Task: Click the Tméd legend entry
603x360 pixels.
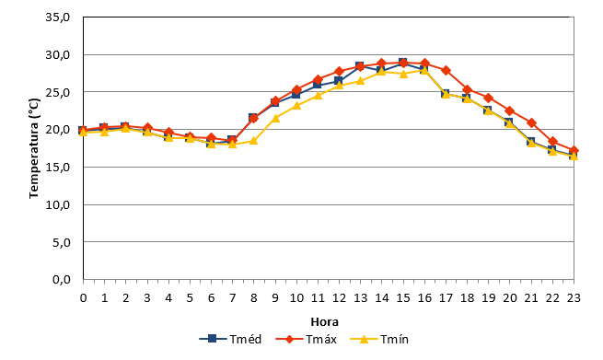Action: click(230, 339)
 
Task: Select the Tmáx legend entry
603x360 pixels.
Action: click(307, 339)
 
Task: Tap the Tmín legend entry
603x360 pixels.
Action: click(379, 339)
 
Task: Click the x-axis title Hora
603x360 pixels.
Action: click(325, 321)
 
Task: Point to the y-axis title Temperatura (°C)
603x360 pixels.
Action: click(34, 148)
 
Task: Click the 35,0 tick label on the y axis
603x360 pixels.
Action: click(58, 17)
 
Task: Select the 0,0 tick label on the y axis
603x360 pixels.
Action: click(61, 279)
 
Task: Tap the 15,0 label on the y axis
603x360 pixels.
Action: click(58, 168)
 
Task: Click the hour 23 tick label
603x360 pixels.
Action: click(574, 298)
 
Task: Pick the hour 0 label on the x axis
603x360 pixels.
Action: click(83, 298)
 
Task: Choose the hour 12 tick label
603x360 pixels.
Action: click(339, 298)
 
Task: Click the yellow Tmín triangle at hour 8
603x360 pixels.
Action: click(253, 141)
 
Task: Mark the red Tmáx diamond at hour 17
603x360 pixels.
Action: click(446, 70)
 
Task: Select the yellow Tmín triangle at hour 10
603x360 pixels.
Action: click(296, 105)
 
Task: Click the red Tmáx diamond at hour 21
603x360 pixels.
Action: click(531, 123)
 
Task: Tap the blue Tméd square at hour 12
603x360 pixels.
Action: click(339, 81)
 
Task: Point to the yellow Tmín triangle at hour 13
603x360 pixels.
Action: click(360, 81)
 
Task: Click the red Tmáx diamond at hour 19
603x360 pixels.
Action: click(489, 99)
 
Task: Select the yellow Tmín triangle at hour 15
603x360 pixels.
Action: click(403, 74)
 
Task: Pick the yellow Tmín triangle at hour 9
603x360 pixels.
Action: click(275, 118)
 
